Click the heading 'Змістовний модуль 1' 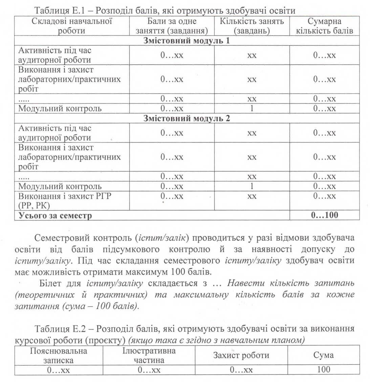click(187, 41)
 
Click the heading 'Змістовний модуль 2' click(187, 119)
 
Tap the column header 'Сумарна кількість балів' click(324, 26)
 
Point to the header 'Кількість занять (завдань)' click(252, 26)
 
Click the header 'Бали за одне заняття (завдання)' click(172, 26)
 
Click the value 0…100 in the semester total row click(324, 215)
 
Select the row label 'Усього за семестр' click(55, 215)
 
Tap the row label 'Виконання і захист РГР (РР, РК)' click(64, 201)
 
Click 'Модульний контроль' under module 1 click(60, 109)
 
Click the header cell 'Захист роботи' click(241, 355)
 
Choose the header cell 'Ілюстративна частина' click(149, 355)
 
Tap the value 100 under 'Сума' click(324, 369)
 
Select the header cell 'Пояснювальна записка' click(58, 355)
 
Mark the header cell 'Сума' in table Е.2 click(324, 355)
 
